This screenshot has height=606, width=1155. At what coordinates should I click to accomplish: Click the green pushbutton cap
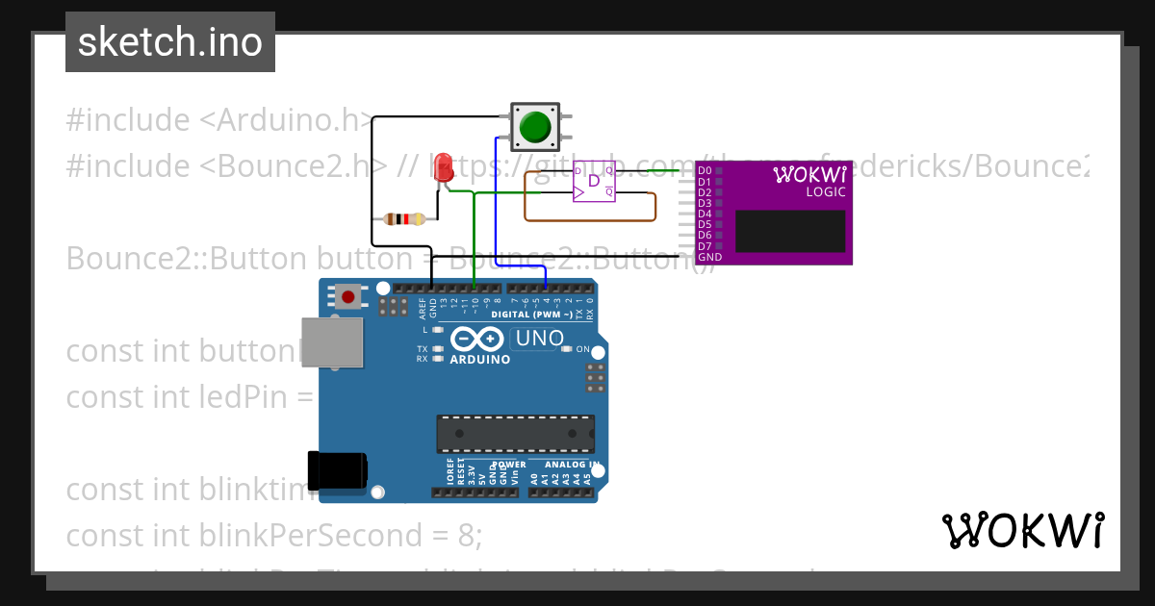pyautogui.click(x=534, y=127)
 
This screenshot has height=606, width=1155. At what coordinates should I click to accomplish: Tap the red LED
pyautogui.click(x=443, y=164)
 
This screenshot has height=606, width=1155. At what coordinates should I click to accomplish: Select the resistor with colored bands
pyautogui.click(x=404, y=219)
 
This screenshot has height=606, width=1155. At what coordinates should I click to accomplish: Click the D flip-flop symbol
pyautogui.click(x=594, y=181)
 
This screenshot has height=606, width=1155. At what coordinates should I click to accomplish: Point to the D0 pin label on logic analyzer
pyautogui.click(x=705, y=171)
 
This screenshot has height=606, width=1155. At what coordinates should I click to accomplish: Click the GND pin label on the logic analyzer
pyautogui.click(x=709, y=257)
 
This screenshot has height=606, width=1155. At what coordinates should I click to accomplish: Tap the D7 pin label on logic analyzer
pyautogui.click(x=705, y=246)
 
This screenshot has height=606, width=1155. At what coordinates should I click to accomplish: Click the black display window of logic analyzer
pyautogui.click(x=790, y=231)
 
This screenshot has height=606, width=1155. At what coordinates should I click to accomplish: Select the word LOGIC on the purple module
pyautogui.click(x=825, y=192)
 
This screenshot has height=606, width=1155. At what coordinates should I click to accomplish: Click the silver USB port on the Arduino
pyautogui.click(x=331, y=341)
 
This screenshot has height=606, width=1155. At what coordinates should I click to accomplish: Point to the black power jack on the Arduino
pyautogui.click(x=336, y=469)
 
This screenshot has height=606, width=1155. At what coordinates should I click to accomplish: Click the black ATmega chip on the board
pyautogui.click(x=514, y=434)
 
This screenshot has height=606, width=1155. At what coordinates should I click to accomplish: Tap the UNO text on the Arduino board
pyautogui.click(x=539, y=339)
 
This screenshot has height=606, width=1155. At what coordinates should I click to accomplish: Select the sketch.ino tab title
pyautogui.click(x=170, y=42)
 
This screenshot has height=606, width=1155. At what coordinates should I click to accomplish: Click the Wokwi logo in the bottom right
pyautogui.click(x=1022, y=530)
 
